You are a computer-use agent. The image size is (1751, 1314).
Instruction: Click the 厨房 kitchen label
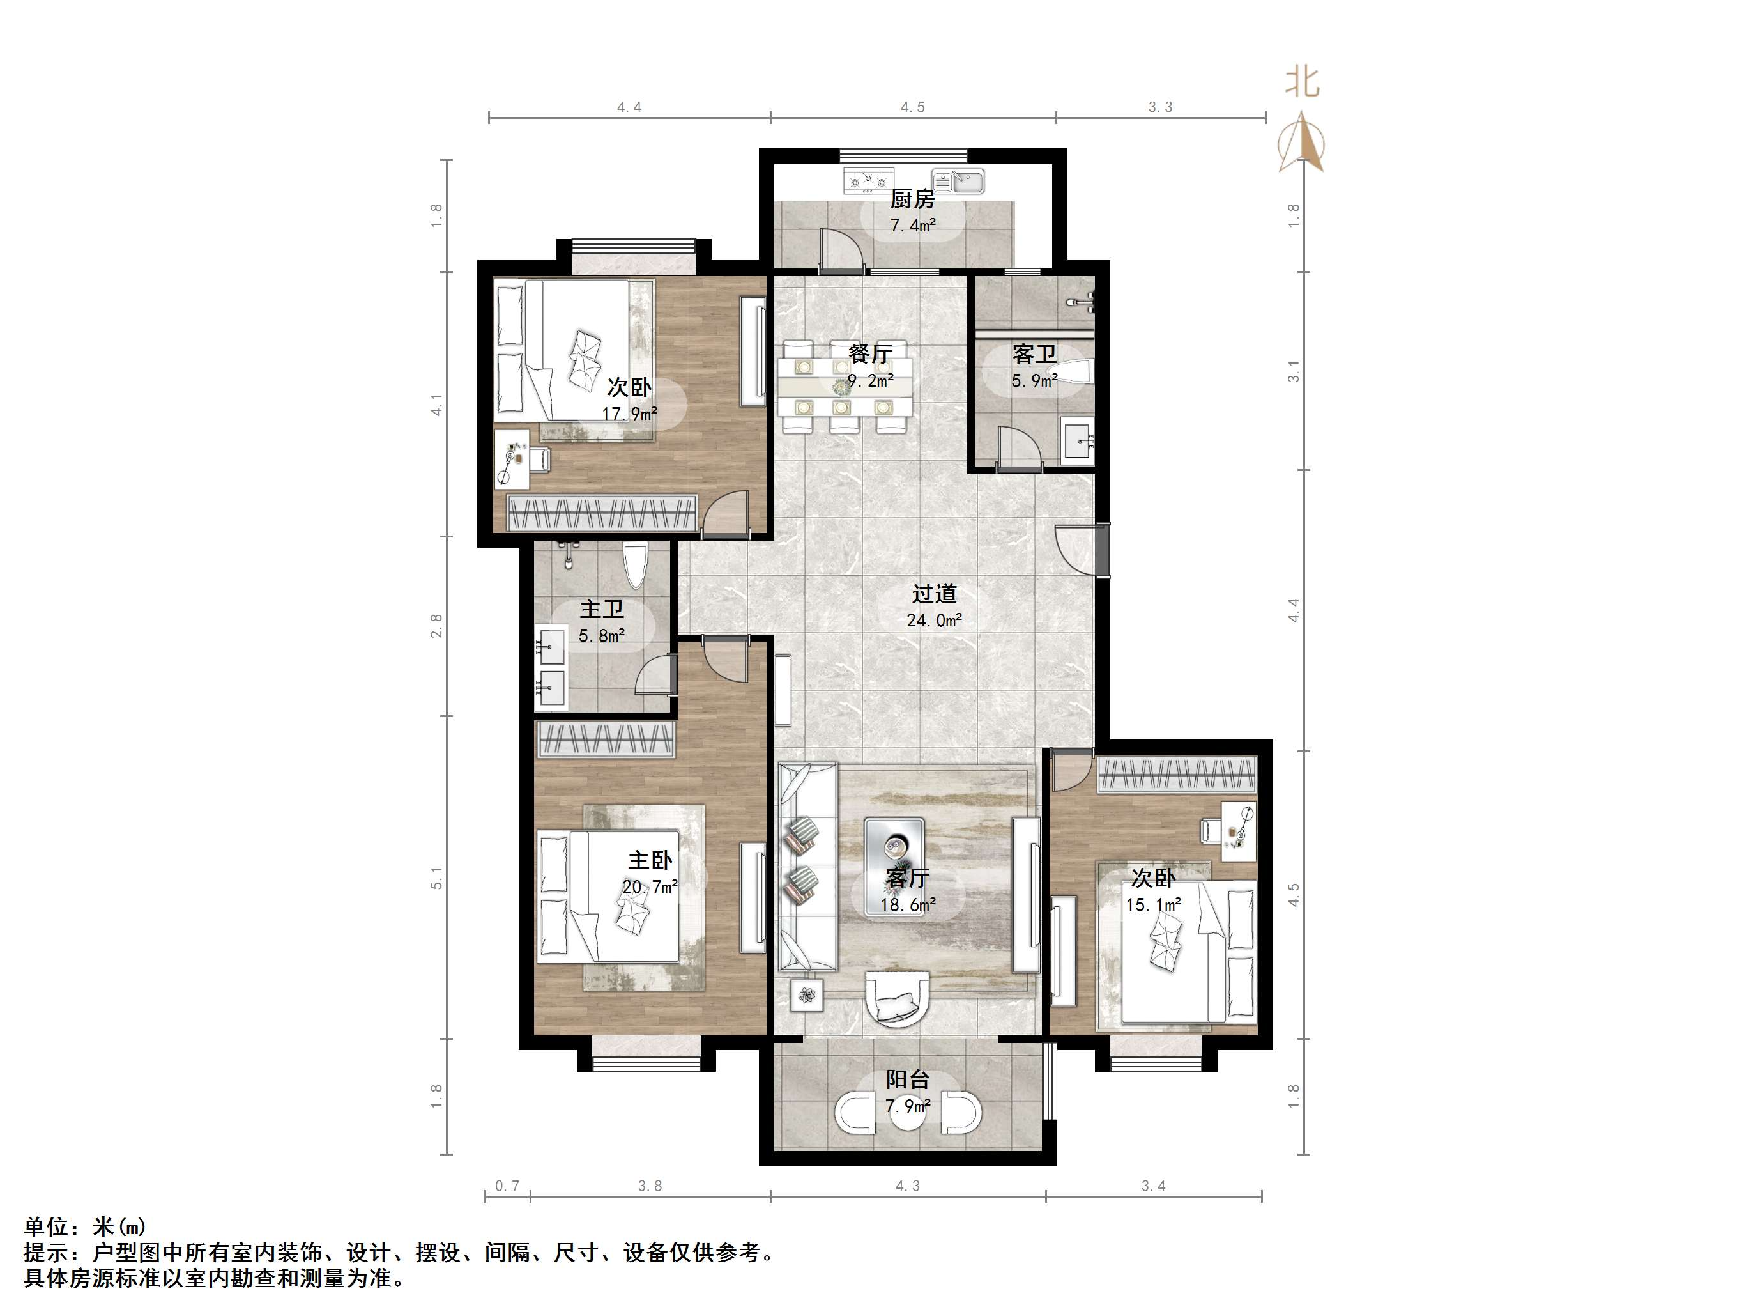(912, 199)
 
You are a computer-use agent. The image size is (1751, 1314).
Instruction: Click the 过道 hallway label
(934, 593)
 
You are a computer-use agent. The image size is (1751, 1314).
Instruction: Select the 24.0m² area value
(934, 620)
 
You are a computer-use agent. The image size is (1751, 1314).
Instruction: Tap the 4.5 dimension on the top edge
(912, 107)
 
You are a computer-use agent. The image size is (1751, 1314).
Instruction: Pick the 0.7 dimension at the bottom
(507, 1186)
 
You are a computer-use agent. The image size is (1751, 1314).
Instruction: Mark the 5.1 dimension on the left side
(436, 877)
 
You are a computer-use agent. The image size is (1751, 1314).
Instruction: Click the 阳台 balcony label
(907, 1079)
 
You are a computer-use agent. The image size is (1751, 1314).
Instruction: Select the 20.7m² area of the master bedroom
(649, 887)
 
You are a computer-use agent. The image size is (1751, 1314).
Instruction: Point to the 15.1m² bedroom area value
(1153, 904)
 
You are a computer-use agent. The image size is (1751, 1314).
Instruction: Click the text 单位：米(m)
(85, 1227)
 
